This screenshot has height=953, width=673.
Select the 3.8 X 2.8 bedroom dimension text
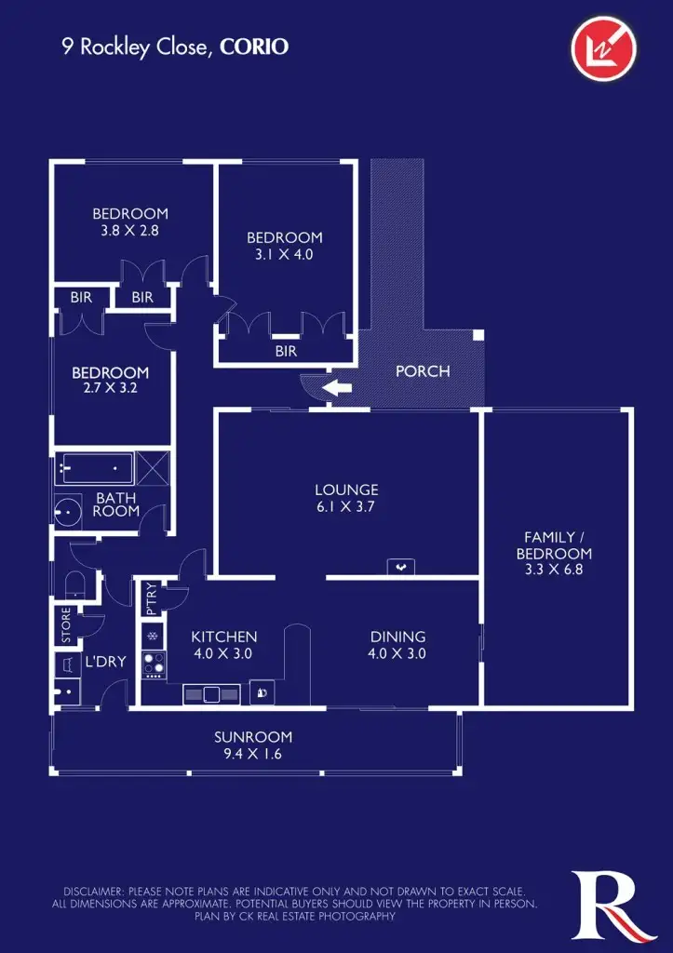click(130, 230)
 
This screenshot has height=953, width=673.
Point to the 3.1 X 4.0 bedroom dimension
click(285, 254)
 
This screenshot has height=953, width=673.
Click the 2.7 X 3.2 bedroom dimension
click(110, 389)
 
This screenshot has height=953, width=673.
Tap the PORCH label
click(423, 371)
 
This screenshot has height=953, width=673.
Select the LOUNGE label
click(346, 490)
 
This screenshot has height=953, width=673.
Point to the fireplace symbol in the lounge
click(400, 566)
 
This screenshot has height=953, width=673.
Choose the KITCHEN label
click(223, 637)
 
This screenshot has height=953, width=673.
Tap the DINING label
click(397, 637)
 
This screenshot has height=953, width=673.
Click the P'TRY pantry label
click(151, 599)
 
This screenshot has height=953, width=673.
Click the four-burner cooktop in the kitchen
click(152, 664)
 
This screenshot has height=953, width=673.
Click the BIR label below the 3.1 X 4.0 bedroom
click(286, 352)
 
